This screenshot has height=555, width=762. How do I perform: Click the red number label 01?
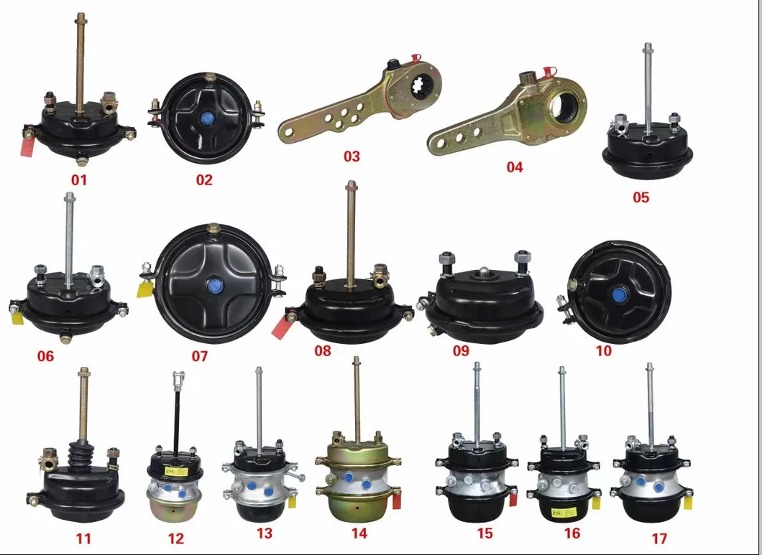tap(79, 179)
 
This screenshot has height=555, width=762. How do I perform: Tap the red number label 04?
tap(514, 167)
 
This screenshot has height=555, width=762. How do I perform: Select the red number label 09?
tap(460, 350)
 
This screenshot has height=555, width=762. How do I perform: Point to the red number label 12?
tap(175, 538)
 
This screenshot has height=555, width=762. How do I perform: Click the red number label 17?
tap(658, 538)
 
